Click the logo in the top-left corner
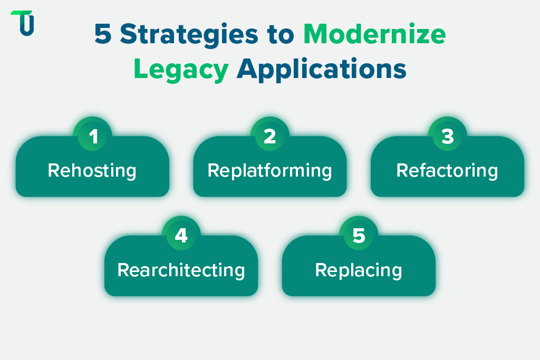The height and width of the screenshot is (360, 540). (22, 23)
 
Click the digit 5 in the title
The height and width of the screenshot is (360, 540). (103, 35)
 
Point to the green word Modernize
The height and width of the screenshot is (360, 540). (374, 35)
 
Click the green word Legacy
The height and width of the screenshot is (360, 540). (181, 70)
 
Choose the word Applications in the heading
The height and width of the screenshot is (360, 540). (321, 70)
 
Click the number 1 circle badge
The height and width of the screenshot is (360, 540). (93, 137)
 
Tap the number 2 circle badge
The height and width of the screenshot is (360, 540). (270, 137)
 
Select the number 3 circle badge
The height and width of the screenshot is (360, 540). (447, 137)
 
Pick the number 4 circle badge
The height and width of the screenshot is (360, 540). (181, 236)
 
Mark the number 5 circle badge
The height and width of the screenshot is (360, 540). (359, 236)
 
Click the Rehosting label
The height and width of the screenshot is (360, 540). (92, 171)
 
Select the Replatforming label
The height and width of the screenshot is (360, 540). (270, 171)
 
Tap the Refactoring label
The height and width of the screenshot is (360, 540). (447, 171)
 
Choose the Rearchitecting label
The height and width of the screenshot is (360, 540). (181, 270)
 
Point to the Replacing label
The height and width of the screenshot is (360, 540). (359, 270)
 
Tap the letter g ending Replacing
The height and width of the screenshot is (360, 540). (397, 272)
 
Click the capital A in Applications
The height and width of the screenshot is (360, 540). (247, 70)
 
